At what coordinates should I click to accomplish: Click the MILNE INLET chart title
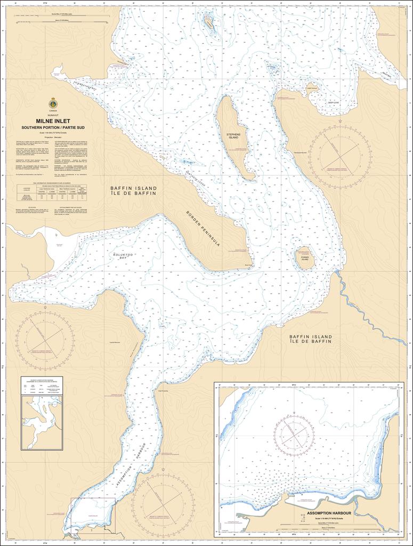[52, 121]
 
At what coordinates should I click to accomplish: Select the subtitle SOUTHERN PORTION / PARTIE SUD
[52, 128]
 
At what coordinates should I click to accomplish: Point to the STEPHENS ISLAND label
[233, 135]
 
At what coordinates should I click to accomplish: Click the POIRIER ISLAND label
[305, 259]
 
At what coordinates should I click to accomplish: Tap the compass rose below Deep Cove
[339, 154]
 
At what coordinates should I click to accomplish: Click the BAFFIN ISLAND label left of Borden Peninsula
[133, 191]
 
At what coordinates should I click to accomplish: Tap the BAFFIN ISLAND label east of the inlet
[311, 339]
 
